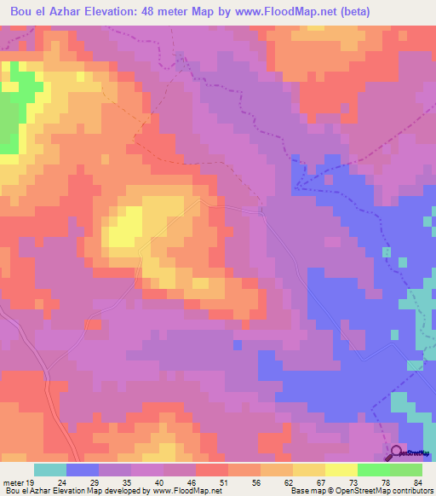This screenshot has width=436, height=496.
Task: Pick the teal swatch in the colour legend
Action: click(x=50, y=470)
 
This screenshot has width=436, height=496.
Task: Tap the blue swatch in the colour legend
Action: click(x=83, y=470)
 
